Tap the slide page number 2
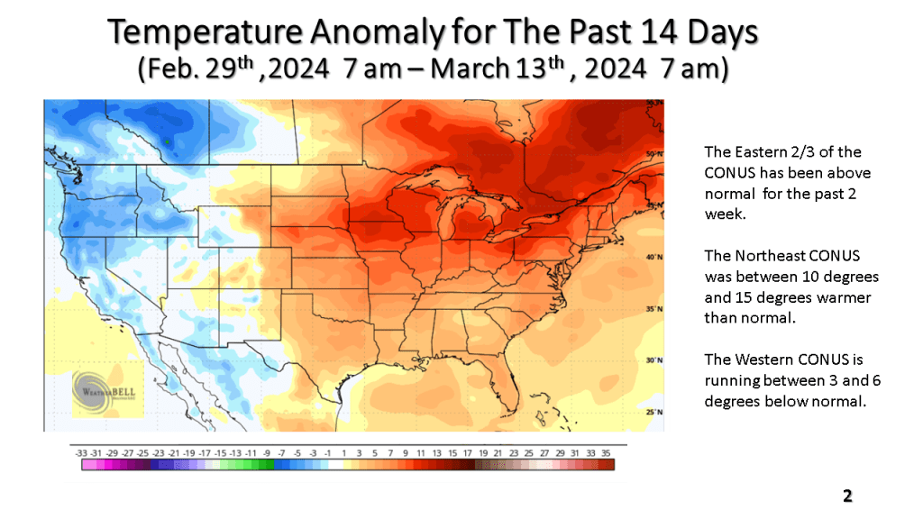click(x=847, y=496)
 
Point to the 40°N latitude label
click(x=654, y=257)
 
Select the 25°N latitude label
click(x=654, y=412)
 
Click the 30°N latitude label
click(x=654, y=360)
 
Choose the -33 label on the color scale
click(x=81, y=451)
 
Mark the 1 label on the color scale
click(x=344, y=451)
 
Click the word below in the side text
click(x=784, y=401)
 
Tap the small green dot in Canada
click(x=167, y=141)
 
